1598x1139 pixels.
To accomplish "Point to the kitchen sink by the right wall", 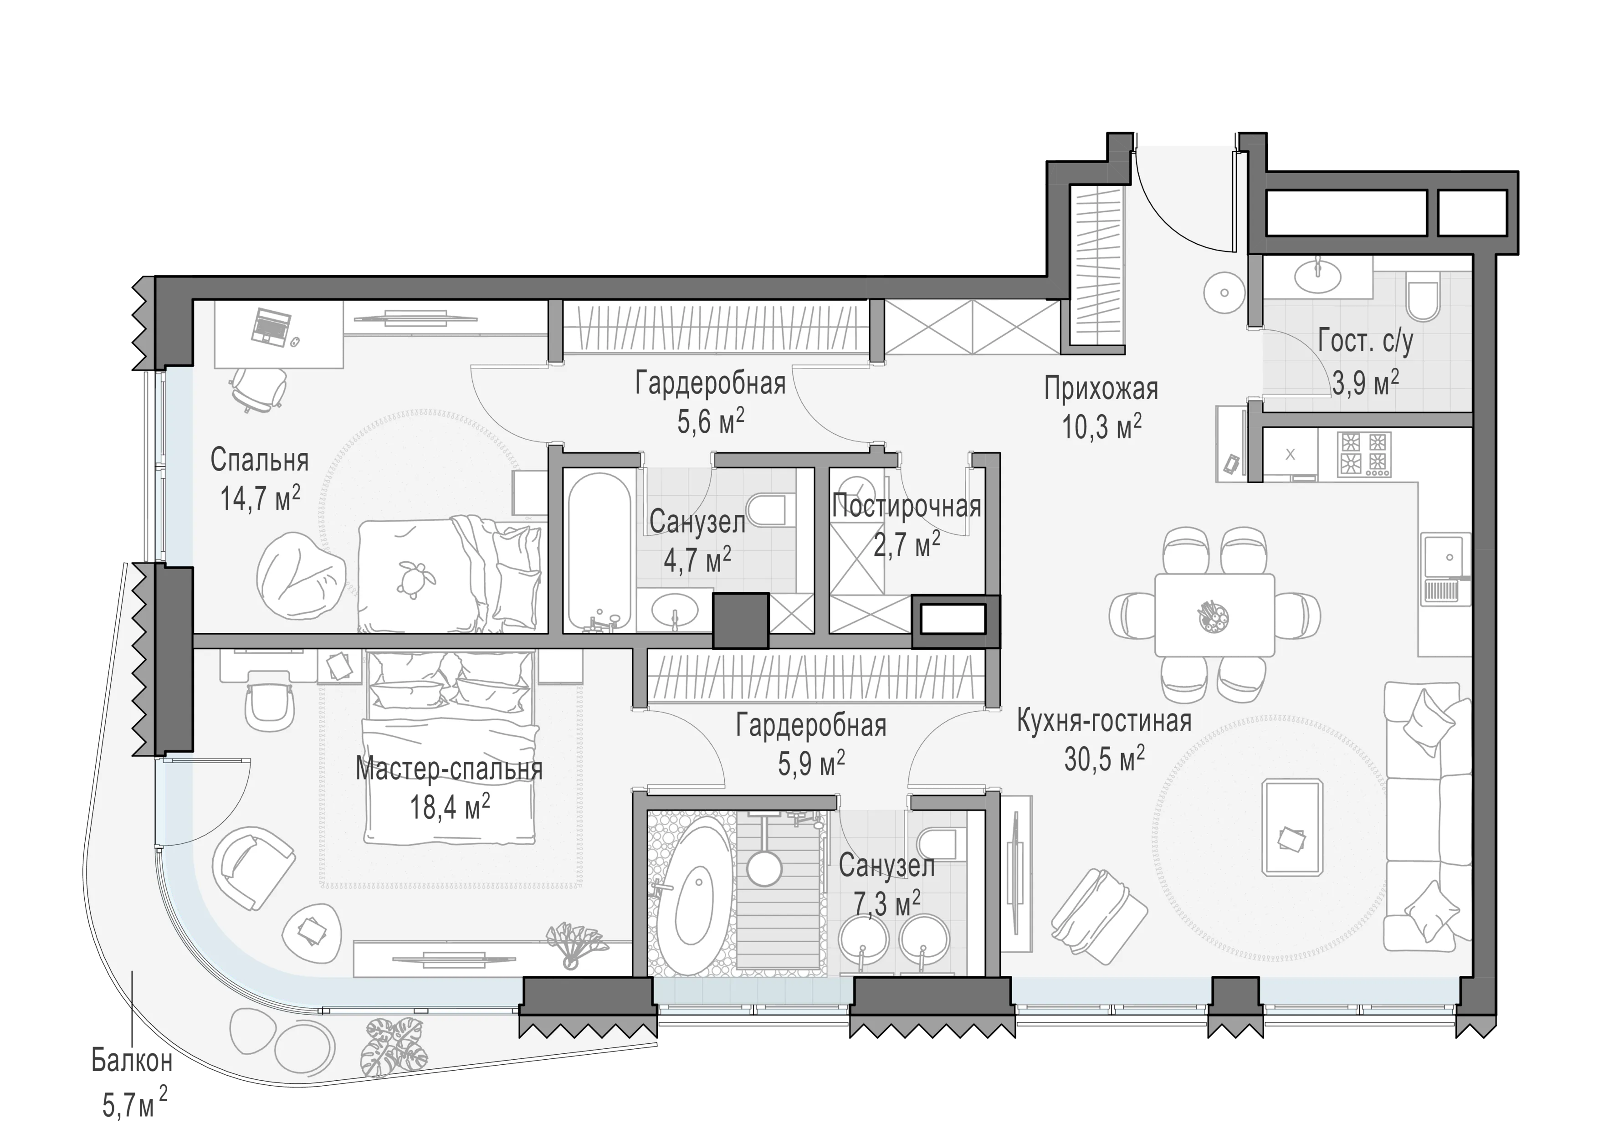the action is pyautogui.click(x=1445, y=580).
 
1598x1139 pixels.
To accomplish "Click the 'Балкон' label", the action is pyautogui.click(x=132, y=1061).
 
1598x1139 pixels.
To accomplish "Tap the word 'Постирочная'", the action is pyautogui.click(x=907, y=506).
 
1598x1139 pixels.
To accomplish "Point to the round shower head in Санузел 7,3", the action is pyautogui.click(x=763, y=867).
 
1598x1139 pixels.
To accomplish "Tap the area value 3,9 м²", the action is pyautogui.click(x=1365, y=383).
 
